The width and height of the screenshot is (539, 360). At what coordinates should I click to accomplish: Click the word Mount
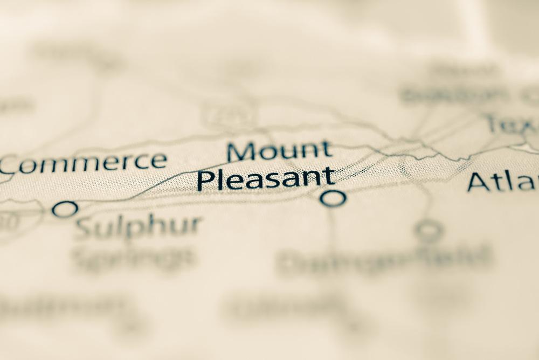point(279,151)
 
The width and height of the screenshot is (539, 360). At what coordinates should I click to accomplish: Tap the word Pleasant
point(266,179)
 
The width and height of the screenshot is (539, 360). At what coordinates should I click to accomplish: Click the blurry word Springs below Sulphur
point(133,259)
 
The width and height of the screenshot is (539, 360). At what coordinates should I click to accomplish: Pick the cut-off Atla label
point(502,182)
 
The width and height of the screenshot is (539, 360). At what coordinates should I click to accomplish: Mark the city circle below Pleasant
point(333,198)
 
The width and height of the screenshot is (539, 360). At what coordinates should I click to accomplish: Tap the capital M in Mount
point(240,151)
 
